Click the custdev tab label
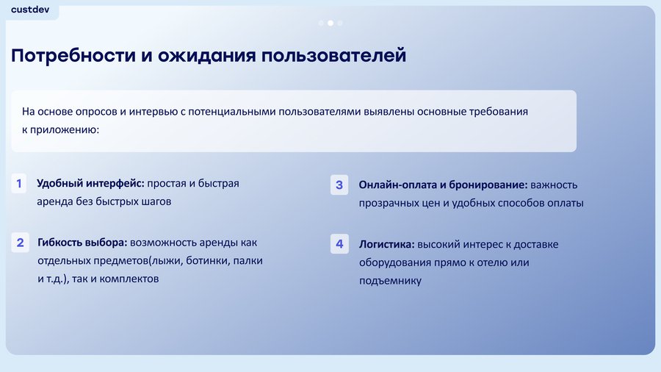[x=30, y=10]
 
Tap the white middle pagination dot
[x=330, y=24]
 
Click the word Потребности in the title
[x=73, y=56]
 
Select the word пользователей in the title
[x=333, y=56]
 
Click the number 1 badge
[x=19, y=184]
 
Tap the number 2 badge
[x=21, y=243]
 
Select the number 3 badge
[x=339, y=185]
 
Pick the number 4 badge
[x=339, y=244]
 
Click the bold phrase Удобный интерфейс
[x=90, y=184]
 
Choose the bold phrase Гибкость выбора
[x=82, y=243]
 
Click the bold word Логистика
[x=387, y=244]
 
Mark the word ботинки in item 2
[x=208, y=261]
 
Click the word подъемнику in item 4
[x=391, y=281]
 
